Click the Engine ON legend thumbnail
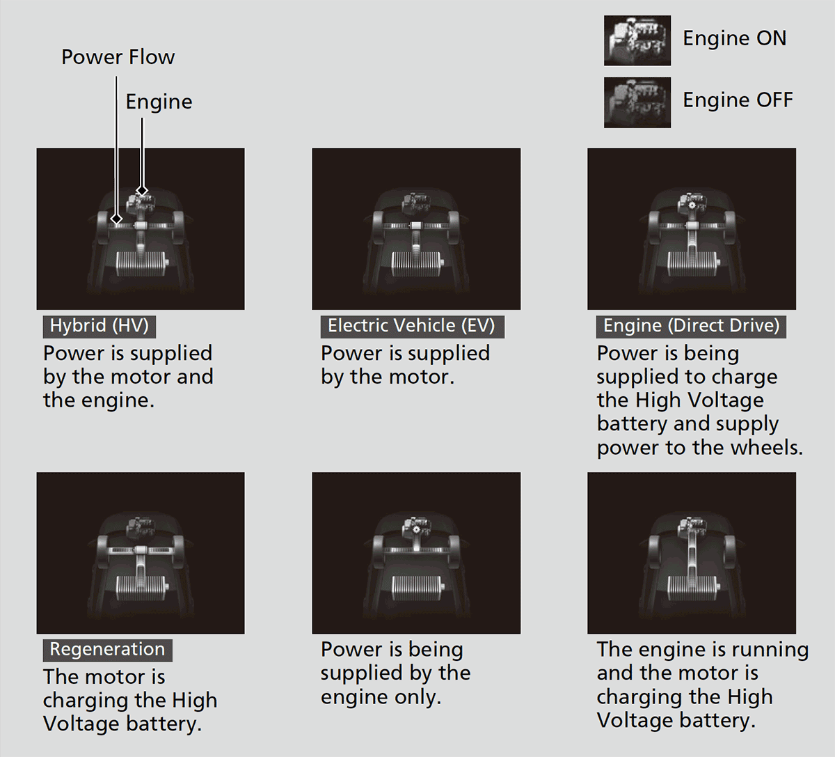(637, 40)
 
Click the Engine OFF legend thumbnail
(637, 102)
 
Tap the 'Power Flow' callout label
(118, 56)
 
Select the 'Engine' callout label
(159, 102)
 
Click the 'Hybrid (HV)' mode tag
(100, 326)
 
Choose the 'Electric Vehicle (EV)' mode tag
(412, 326)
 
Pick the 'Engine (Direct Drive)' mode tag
(691, 326)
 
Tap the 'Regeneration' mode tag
(107, 650)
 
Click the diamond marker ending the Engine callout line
(142, 191)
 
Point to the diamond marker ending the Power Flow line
(116, 219)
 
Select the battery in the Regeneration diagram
(143, 588)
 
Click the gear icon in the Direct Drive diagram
(692, 205)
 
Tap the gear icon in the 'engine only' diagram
(416, 529)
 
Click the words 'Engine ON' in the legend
(735, 38)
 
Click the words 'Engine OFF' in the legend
(738, 100)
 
